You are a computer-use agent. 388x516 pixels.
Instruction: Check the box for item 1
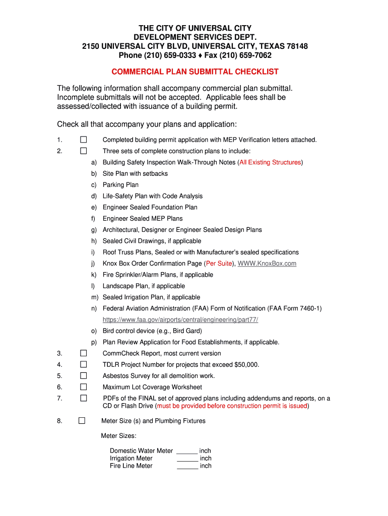[83, 140]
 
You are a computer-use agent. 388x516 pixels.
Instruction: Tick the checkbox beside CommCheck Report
[83, 353]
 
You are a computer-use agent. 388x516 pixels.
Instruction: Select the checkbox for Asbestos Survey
[83, 375]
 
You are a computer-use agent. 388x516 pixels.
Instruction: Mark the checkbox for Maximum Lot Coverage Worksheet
[83, 387]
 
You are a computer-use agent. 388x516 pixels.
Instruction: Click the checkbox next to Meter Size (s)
[82, 421]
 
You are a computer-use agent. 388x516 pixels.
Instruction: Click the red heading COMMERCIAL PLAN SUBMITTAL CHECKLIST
[195, 72]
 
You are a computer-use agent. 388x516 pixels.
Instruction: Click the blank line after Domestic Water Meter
[187, 451]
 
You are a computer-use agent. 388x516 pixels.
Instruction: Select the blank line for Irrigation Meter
[187, 459]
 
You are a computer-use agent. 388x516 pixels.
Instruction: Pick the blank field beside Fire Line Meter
[187, 466]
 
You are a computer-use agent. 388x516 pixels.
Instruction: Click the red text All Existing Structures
[270, 162]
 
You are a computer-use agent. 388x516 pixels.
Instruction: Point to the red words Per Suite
[219, 264]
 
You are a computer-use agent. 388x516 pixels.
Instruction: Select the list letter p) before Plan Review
[94, 342]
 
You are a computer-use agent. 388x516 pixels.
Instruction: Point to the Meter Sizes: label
[119, 436]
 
